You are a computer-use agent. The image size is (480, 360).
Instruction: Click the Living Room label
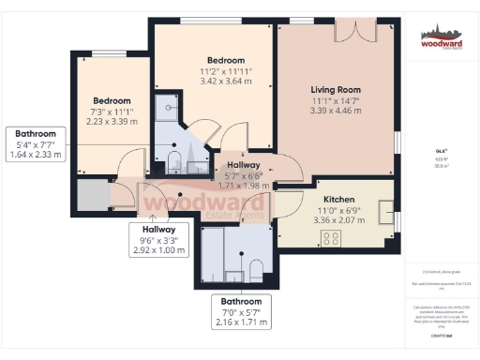click(x=337, y=90)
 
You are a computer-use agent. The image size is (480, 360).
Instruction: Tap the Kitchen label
click(x=337, y=200)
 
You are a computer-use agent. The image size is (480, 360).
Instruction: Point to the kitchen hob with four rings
click(x=331, y=238)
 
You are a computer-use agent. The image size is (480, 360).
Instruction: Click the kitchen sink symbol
click(x=384, y=212)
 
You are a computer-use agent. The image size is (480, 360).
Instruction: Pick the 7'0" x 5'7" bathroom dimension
click(x=235, y=311)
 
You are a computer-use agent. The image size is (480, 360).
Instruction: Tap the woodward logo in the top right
click(x=440, y=38)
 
